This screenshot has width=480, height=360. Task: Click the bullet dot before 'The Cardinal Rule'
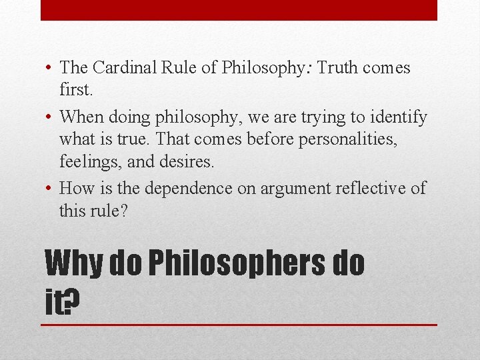pos(49,68)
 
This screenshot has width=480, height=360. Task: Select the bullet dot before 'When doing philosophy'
pos(49,118)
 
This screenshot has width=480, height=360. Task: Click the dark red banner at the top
pos(239,10)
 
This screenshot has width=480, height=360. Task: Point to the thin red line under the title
pos(239,325)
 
